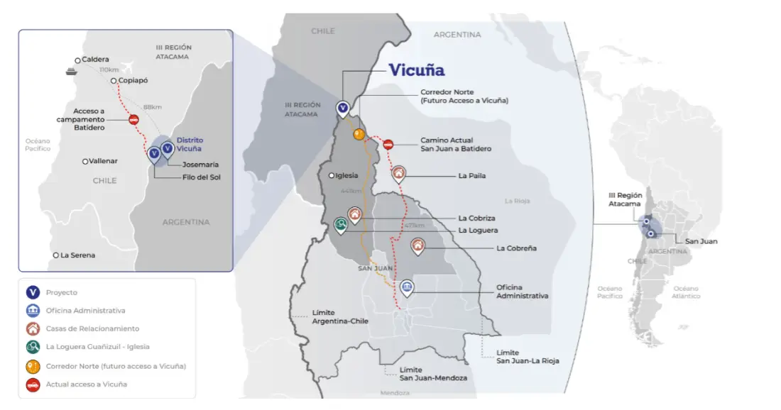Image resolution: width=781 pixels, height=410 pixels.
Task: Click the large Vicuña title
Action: (x=416, y=70)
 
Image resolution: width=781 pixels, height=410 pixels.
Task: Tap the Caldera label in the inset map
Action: (x=95, y=60)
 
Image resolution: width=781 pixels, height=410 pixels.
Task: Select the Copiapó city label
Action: (x=131, y=82)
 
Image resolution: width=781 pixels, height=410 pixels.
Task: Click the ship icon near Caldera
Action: (x=71, y=71)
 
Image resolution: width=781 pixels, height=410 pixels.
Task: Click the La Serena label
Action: (x=77, y=255)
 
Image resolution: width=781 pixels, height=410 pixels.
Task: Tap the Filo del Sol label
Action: (x=201, y=177)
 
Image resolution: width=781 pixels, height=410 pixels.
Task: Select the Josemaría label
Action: (x=200, y=165)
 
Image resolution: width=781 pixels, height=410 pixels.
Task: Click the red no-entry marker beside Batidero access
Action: (x=133, y=120)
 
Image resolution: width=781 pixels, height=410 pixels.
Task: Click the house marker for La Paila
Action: (x=399, y=172)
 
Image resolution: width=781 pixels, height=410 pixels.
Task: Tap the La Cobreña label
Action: (x=516, y=248)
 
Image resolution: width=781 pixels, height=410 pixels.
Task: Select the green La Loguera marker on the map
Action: (x=342, y=225)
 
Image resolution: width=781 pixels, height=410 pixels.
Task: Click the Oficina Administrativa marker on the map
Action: (x=407, y=287)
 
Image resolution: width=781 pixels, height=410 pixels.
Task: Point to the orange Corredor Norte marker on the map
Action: (x=359, y=133)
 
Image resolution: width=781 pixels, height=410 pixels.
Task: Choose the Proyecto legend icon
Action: (x=32, y=292)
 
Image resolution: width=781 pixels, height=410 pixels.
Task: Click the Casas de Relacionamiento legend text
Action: (x=92, y=328)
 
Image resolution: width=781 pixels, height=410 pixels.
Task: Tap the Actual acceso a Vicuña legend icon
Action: (x=32, y=384)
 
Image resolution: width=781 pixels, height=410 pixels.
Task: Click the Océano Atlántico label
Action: (x=686, y=292)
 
